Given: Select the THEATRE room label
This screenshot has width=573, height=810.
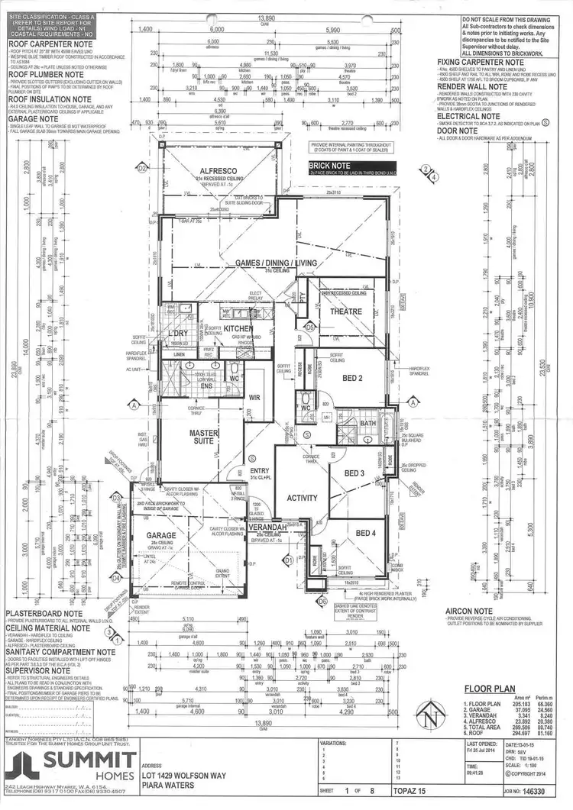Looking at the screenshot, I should coord(345,311).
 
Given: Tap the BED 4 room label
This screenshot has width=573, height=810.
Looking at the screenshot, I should coord(365,532).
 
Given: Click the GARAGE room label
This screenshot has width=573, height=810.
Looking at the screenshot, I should coord(161,536).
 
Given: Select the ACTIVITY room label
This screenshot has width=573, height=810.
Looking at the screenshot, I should coord(302,498).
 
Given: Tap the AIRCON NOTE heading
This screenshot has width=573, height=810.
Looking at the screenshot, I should coord(475,611).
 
